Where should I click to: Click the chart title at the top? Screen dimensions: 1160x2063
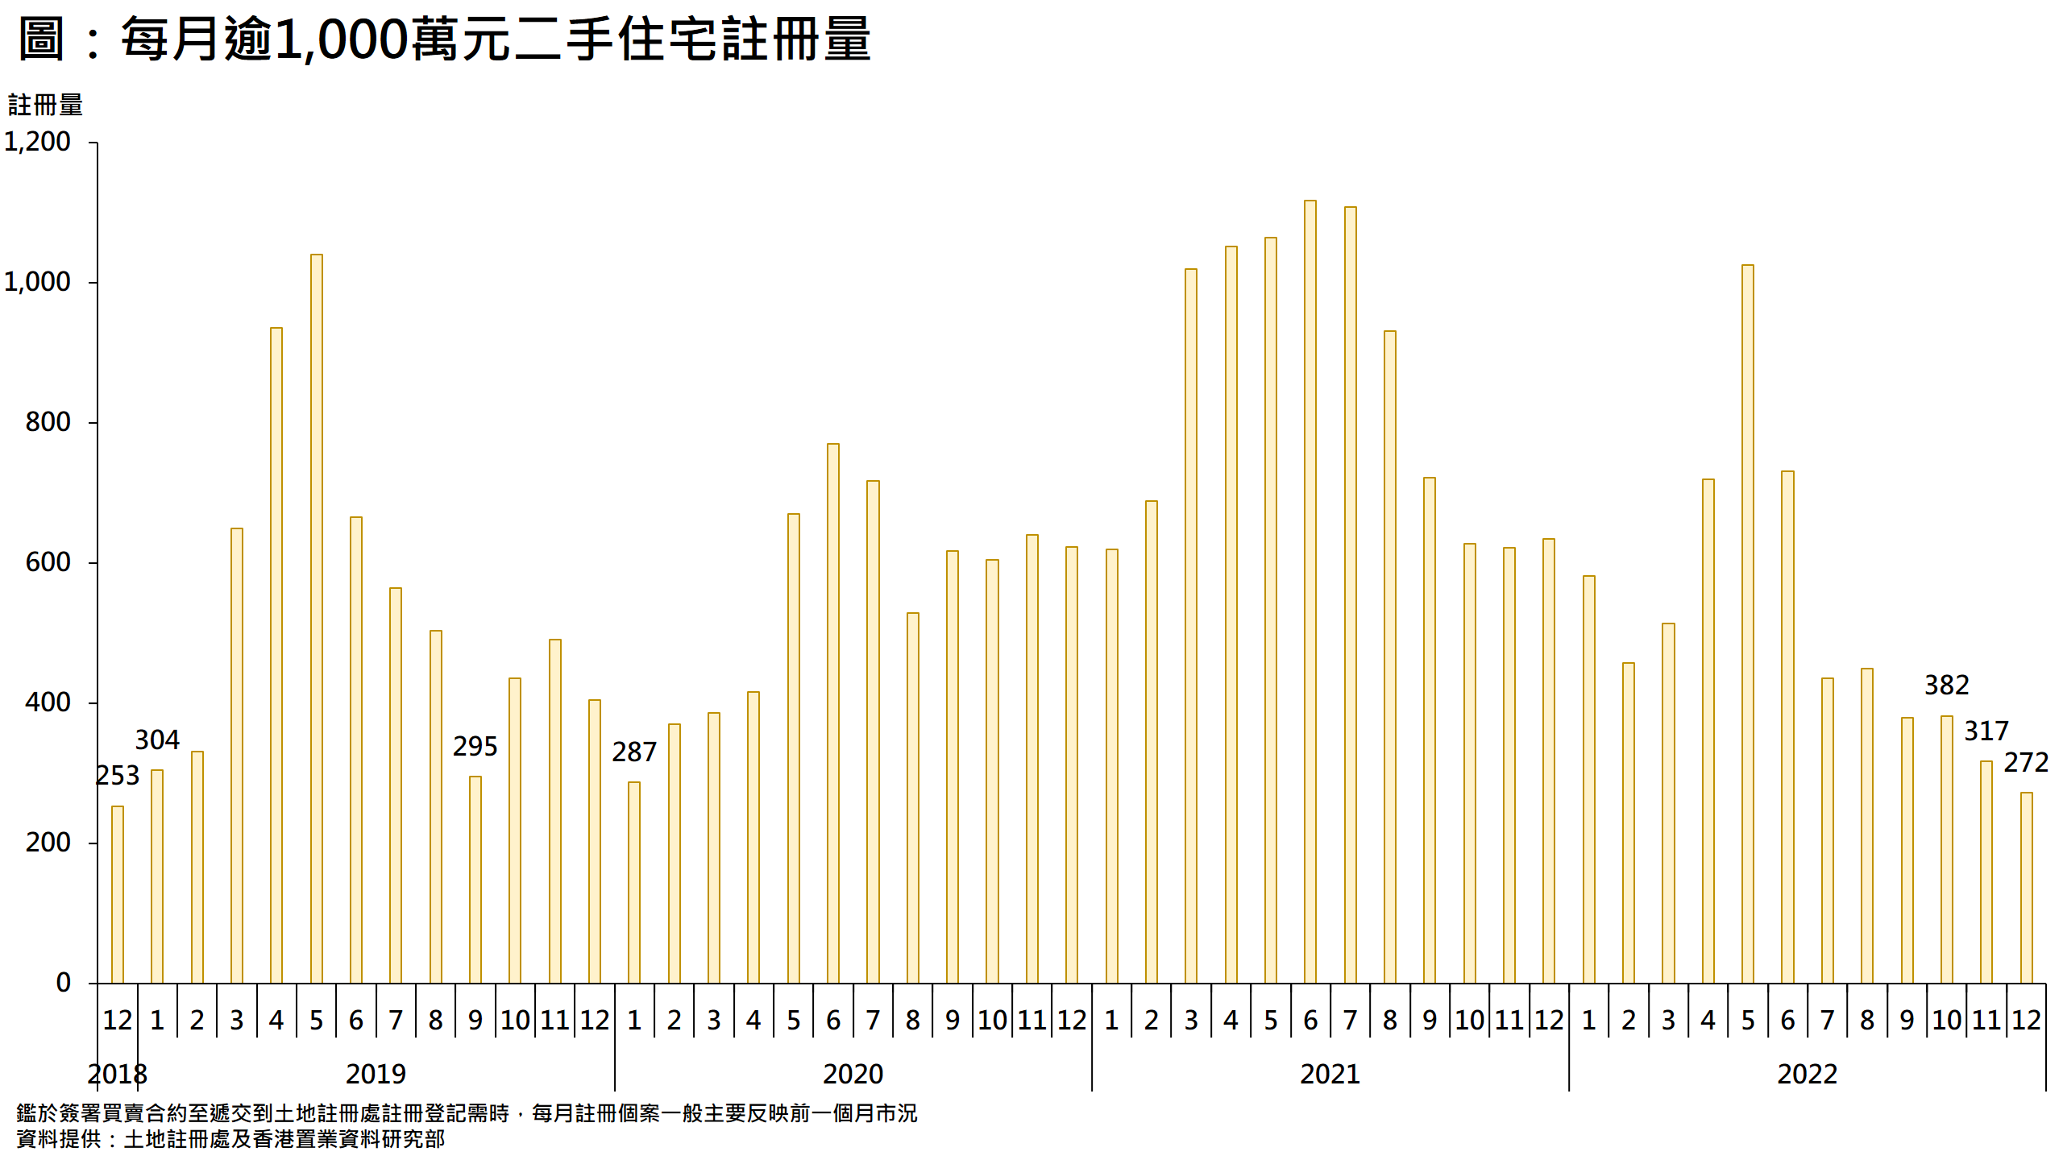click(x=444, y=39)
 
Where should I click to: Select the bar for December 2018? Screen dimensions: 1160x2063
click(x=118, y=894)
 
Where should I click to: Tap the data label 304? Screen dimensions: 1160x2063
click(x=157, y=739)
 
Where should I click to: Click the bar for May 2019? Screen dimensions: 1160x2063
click(x=317, y=619)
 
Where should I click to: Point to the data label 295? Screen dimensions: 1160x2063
click(x=475, y=747)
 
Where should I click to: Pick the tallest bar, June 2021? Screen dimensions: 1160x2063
click(x=1310, y=592)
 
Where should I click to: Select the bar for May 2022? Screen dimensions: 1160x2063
click(x=1748, y=624)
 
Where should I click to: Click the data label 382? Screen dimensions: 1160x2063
click(x=1947, y=686)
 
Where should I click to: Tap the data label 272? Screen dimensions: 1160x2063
click(x=2026, y=763)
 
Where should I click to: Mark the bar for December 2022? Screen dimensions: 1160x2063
click(x=2027, y=888)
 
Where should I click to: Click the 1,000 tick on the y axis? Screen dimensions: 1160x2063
click(x=38, y=282)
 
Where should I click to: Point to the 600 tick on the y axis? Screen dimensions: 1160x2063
click(x=48, y=562)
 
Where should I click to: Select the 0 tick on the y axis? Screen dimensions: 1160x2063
click(x=64, y=983)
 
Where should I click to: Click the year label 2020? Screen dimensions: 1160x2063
click(x=853, y=1074)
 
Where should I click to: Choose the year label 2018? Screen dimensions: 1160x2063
click(x=118, y=1074)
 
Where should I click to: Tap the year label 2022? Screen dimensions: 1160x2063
click(x=1808, y=1074)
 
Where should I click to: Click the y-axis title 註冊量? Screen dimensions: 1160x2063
click(x=46, y=105)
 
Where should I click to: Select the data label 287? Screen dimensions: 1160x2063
click(x=634, y=752)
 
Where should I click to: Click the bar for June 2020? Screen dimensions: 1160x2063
click(x=833, y=713)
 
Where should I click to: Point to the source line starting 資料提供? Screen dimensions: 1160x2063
click(x=230, y=1139)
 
